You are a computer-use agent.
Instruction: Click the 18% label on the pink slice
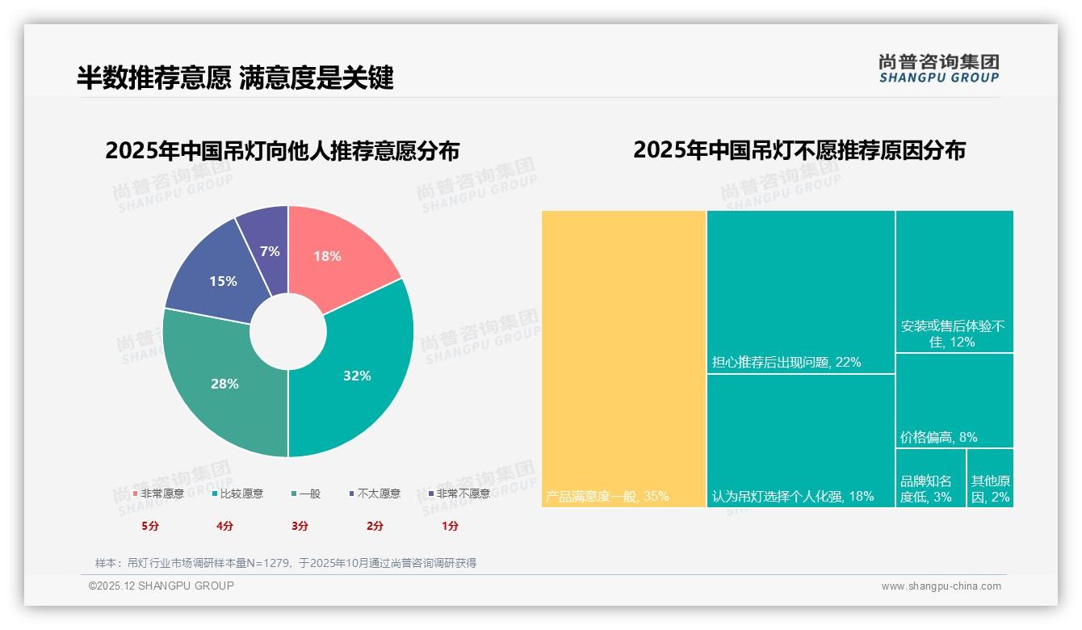click(x=327, y=256)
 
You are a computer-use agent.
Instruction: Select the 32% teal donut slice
click(x=356, y=376)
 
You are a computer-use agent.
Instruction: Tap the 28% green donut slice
click(x=224, y=384)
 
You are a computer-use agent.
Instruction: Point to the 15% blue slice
click(x=223, y=281)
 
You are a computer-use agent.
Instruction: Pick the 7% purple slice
click(x=270, y=251)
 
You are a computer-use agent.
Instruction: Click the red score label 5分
click(x=150, y=526)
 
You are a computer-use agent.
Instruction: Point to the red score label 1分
click(x=450, y=526)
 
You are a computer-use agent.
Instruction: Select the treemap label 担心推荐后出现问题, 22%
click(x=786, y=362)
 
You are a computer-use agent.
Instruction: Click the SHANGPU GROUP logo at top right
click(x=938, y=69)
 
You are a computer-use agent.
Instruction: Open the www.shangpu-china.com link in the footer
click(x=941, y=586)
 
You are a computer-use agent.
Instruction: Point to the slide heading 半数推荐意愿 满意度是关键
click(x=235, y=78)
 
